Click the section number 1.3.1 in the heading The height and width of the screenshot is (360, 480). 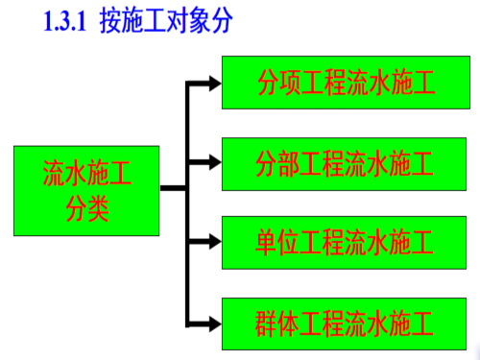coord(70,20)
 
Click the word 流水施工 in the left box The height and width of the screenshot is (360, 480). coord(86,175)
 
